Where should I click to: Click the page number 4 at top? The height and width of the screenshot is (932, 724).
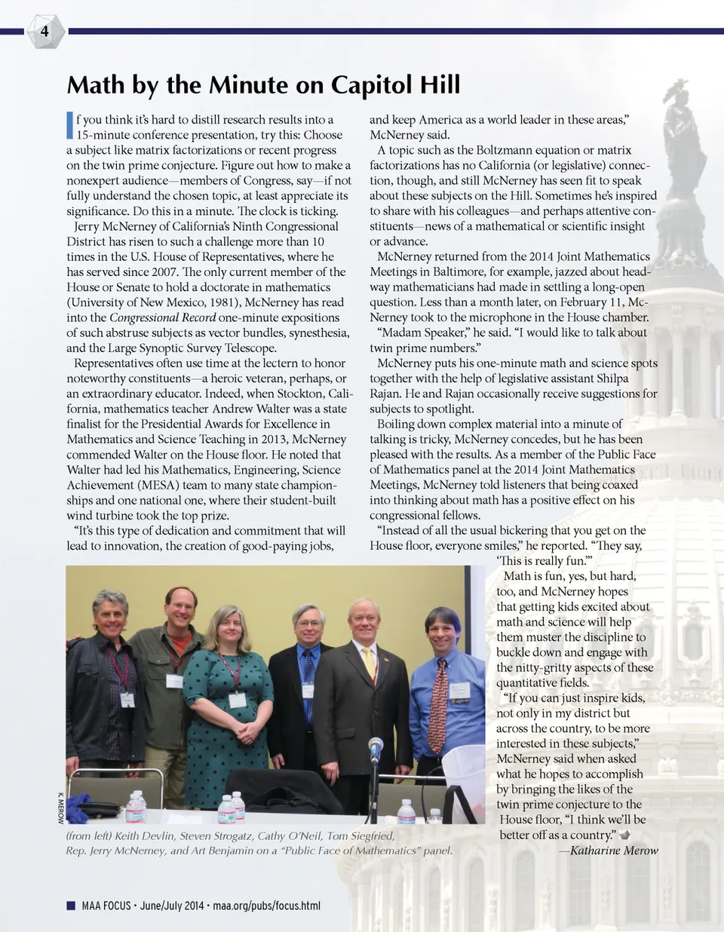(x=44, y=31)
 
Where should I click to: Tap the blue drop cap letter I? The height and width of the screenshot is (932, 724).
(x=70, y=125)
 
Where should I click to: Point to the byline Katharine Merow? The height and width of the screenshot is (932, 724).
(x=614, y=851)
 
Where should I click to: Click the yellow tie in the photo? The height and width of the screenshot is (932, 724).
(x=369, y=664)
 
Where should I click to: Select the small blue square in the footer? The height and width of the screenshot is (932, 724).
(x=71, y=906)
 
